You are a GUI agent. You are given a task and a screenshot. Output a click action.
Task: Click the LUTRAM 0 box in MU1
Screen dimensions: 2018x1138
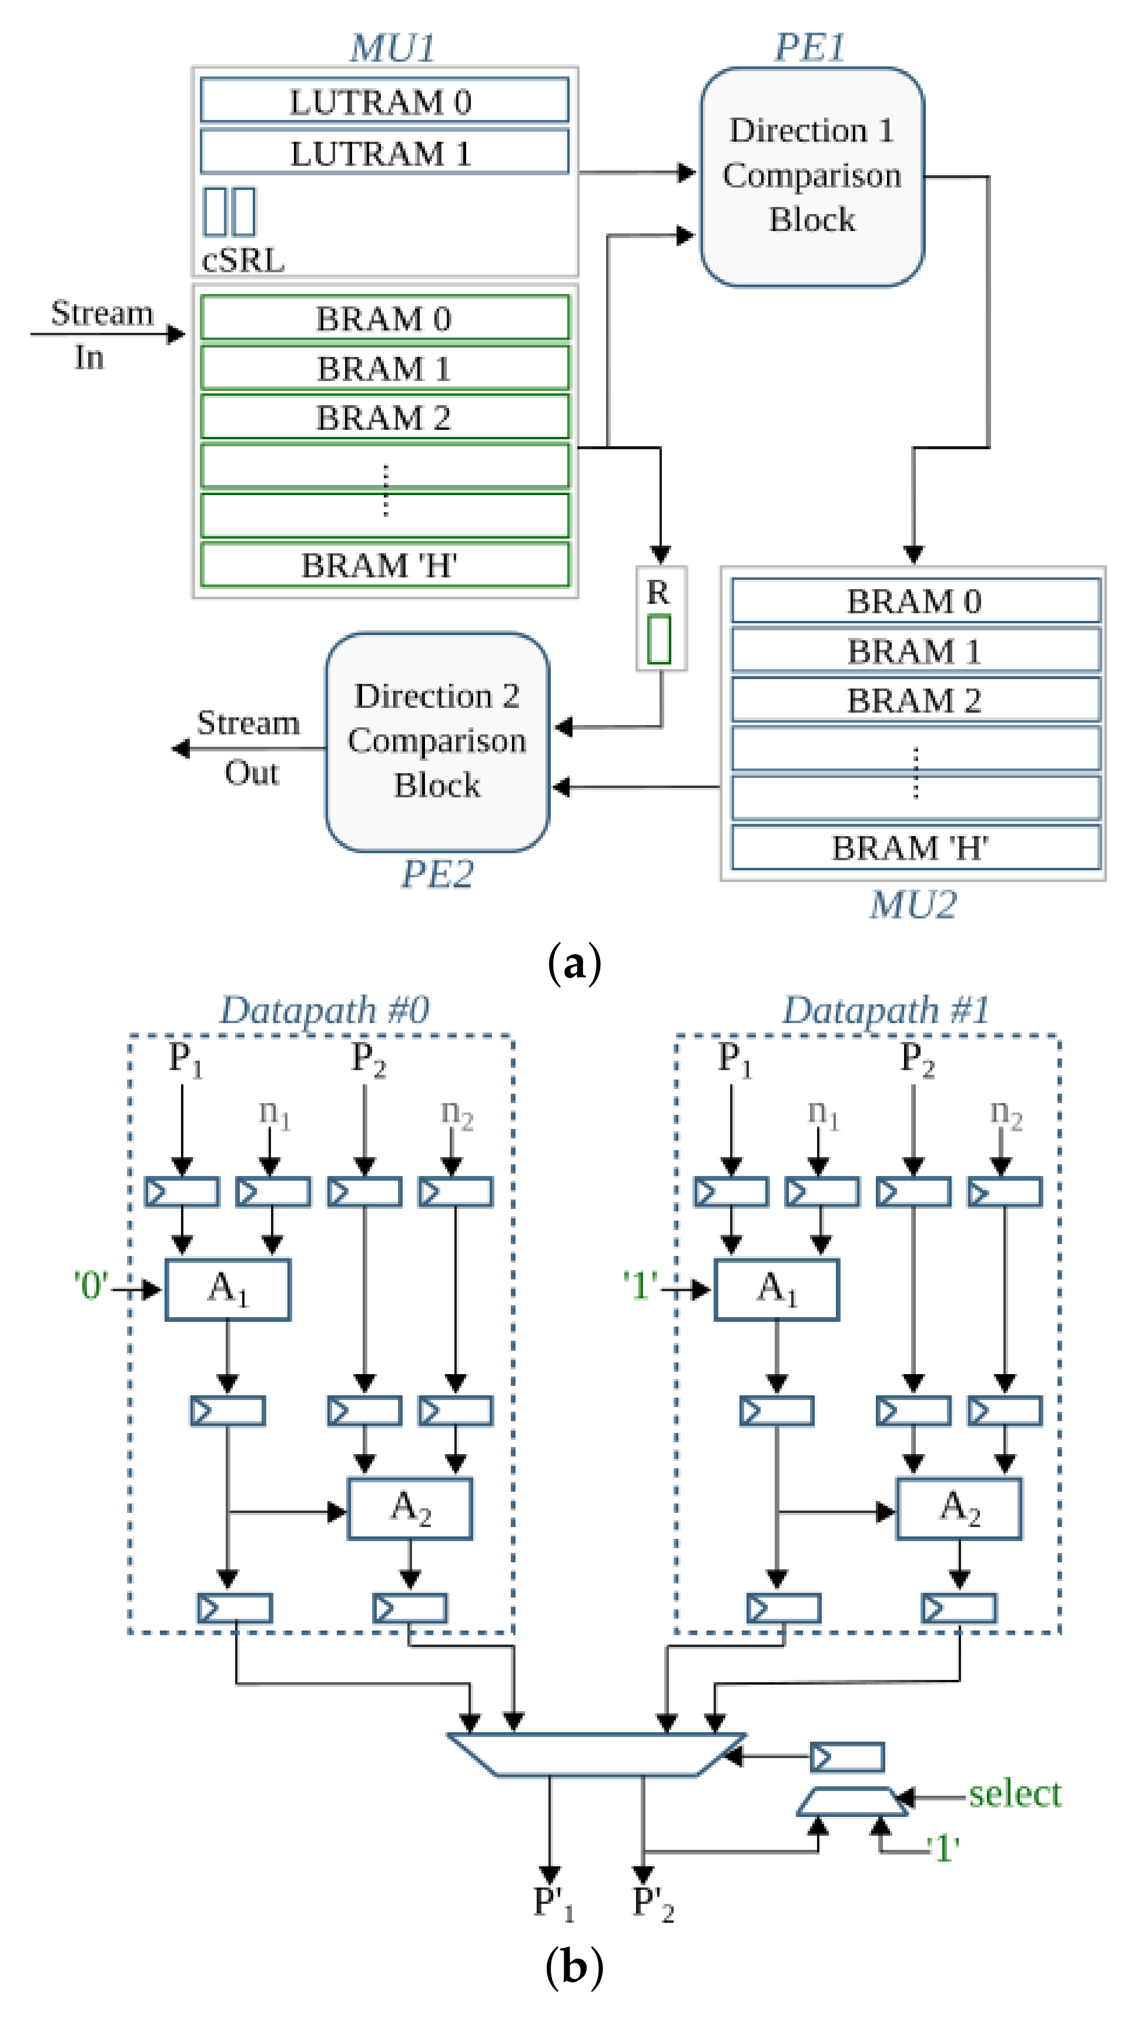pos(384,101)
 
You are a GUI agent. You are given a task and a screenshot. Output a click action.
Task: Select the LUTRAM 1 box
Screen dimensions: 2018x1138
pos(384,152)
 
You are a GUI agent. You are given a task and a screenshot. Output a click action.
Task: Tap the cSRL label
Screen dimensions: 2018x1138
pos(243,260)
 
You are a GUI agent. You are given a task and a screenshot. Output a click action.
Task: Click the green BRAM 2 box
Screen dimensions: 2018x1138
pos(384,417)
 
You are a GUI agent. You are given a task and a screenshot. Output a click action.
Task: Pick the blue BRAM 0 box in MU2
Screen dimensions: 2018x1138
pos(915,601)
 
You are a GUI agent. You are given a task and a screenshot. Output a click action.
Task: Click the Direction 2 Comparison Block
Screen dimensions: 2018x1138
pos(437,741)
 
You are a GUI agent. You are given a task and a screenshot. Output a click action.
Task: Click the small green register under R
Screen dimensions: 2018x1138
pos(659,640)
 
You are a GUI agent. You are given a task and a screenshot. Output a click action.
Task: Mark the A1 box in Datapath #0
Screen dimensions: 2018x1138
pos(227,1289)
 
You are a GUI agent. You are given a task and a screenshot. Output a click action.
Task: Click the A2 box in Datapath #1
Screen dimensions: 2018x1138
pos(959,1508)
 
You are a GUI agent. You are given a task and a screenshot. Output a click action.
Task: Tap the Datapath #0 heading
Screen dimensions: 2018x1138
pos(324,1010)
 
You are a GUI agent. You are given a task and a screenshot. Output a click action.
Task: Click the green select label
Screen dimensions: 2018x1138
pos(1015,1793)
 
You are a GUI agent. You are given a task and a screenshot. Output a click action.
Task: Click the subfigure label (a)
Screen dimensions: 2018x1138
pos(574,963)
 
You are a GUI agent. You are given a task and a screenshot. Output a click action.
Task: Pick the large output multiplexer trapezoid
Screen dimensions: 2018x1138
pos(595,1754)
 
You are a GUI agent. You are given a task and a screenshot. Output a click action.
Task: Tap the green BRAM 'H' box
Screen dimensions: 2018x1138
pos(384,565)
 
